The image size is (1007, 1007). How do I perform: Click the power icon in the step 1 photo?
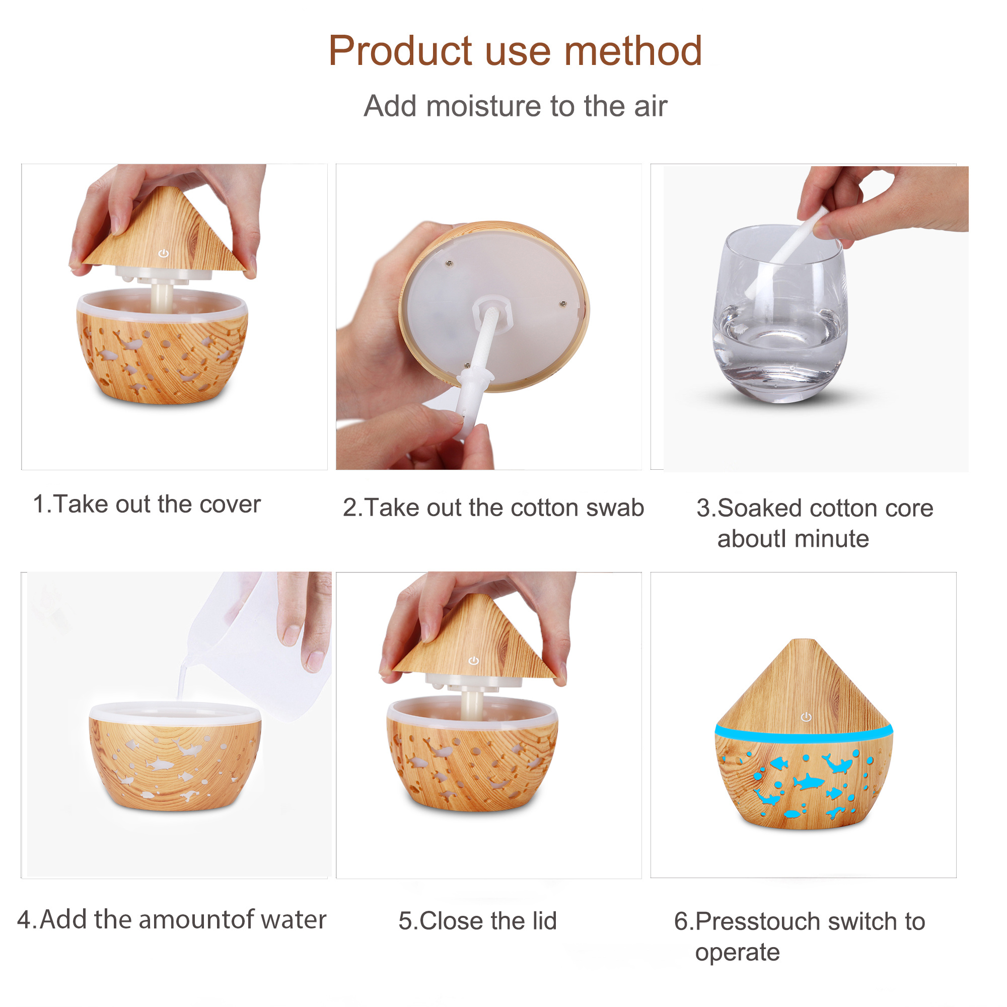click(x=164, y=253)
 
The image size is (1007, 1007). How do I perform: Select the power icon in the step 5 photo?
click(x=474, y=661)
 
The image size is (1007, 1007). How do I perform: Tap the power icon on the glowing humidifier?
click(x=806, y=717)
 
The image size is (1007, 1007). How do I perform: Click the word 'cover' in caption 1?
click(x=230, y=505)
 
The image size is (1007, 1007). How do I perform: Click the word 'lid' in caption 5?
click(x=544, y=920)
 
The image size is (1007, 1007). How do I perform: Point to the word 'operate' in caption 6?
click(x=737, y=953)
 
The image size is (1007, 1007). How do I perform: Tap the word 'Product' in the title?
click(x=400, y=51)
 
